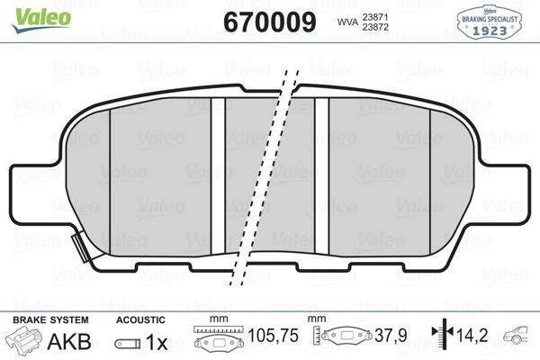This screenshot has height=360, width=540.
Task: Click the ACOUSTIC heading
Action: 140,319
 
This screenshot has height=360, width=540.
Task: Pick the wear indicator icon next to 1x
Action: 127,344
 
